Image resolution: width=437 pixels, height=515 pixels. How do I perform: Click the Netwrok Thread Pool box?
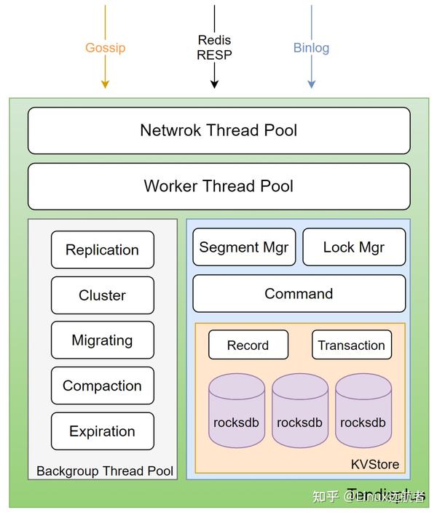(219, 131)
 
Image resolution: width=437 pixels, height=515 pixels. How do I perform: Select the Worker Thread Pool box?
(219, 186)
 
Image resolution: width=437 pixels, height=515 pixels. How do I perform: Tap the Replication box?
(102, 249)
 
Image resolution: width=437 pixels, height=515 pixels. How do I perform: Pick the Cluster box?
(102, 295)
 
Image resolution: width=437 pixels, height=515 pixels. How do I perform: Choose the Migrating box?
(102, 340)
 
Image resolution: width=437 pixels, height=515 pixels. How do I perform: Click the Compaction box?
(102, 386)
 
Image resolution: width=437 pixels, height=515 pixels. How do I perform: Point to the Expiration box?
(102, 431)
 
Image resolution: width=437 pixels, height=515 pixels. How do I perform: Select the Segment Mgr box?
(244, 247)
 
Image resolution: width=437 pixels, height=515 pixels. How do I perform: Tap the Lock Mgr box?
(354, 247)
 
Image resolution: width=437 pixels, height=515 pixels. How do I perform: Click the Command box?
(299, 294)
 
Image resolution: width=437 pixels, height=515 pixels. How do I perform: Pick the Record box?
(248, 346)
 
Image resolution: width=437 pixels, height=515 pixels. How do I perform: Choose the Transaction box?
(352, 346)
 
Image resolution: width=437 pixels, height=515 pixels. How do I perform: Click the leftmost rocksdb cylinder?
(236, 411)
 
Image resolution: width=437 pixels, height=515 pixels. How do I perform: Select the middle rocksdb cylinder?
(299, 411)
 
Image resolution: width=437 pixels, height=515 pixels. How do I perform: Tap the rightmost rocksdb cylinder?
(363, 411)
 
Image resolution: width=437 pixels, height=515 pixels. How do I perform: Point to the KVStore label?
(375, 464)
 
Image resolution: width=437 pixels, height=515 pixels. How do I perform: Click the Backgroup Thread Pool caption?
(105, 471)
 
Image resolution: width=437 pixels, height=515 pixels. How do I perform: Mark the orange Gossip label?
(105, 48)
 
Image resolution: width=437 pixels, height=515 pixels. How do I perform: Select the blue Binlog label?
(311, 48)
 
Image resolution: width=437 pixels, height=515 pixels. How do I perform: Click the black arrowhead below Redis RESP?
(214, 84)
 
